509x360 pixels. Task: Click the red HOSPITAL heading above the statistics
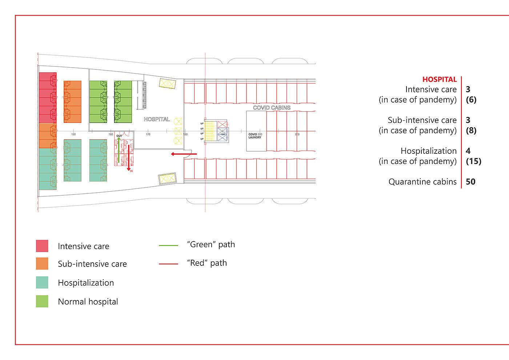coord(439,79)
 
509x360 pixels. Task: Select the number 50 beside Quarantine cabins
coord(470,182)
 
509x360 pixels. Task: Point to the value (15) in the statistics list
coord(473,161)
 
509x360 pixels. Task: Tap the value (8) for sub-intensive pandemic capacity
coord(471,131)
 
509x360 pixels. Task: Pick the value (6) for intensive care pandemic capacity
coord(471,100)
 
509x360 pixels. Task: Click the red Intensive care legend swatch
coord(42,246)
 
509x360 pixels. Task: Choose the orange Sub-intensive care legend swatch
coord(42,264)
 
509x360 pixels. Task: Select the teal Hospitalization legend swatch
coord(42,283)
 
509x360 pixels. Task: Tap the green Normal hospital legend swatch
coord(42,301)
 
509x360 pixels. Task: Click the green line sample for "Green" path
coord(168,245)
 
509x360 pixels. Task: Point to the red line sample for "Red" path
coord(168,264)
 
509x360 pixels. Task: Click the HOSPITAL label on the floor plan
coord(157,119)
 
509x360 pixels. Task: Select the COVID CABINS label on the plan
coord(272,108)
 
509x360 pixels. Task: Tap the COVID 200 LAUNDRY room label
coord(255,136)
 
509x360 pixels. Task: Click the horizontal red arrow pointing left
coord(184,154)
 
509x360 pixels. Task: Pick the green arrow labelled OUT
coord(119,149)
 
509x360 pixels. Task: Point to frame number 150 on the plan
coord(73,135)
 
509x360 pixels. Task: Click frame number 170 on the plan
coord(148,135)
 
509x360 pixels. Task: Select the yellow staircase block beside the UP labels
coord(210,131)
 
